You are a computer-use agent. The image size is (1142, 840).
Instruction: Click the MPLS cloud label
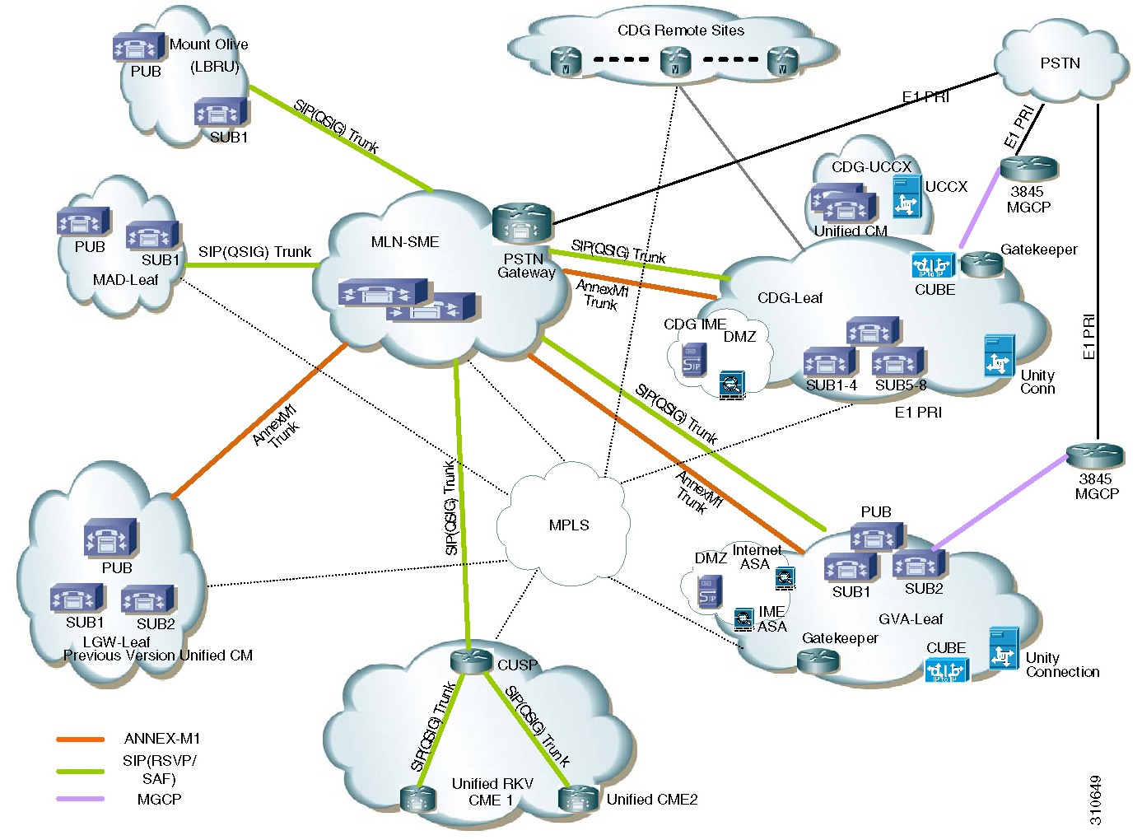point(568,525)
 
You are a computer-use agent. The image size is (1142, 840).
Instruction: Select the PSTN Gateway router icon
point(521,223)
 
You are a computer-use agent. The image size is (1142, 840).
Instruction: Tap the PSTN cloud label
point(1060,63)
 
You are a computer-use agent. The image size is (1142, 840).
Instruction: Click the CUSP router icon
point(471,660)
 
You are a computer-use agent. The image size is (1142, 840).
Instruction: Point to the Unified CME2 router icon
point(578,798)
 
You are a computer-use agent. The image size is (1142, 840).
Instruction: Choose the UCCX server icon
point(907,196)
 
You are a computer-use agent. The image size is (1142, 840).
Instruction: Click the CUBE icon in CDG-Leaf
point(933,266)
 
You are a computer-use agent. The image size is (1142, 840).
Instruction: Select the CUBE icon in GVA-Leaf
point(947,670)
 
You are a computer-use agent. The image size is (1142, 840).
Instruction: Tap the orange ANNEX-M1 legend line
point(80,739)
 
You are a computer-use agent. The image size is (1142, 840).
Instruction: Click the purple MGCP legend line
point(80,799)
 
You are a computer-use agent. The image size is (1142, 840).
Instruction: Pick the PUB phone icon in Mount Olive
point(134,47)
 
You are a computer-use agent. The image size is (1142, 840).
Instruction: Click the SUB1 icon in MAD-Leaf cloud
point(152,236)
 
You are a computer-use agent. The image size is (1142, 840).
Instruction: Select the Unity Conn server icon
point(1000,356)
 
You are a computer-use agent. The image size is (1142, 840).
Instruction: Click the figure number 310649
point(1095,800)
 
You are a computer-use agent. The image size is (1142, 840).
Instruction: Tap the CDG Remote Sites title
point(680,30)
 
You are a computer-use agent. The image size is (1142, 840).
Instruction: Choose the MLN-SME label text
point(404,242)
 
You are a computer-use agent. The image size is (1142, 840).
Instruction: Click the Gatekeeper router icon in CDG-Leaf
point(981,264)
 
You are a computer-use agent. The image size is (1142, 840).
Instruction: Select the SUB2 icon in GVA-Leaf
point(919,565)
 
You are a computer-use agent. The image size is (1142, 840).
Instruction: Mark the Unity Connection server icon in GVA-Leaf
point(1004,647)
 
